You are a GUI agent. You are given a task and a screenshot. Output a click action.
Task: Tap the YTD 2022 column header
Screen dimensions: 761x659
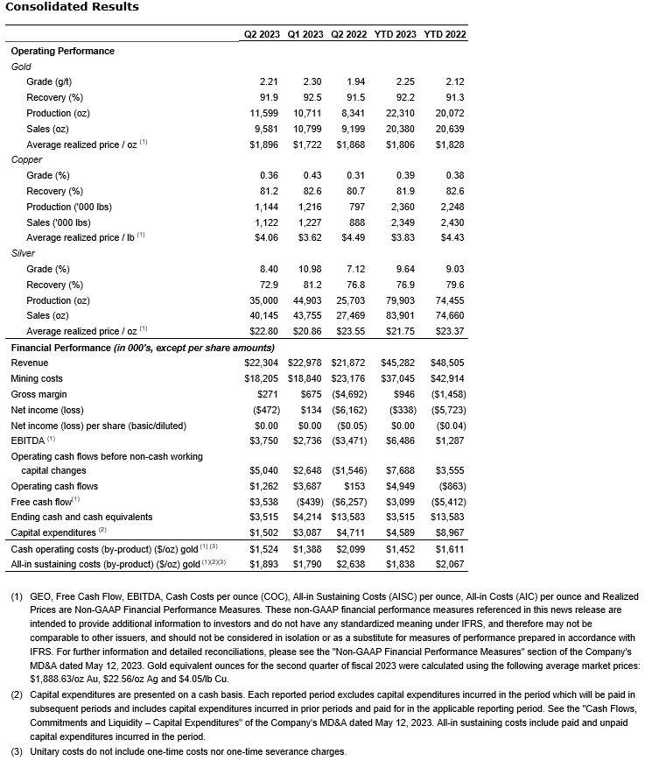point(445,35)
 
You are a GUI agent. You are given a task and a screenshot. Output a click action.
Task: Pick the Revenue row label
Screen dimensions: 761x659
point(30,363)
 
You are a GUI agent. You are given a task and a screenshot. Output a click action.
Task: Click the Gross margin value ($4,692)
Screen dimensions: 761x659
point(353,394)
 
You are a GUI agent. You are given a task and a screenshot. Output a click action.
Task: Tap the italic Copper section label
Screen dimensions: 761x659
point(26,159)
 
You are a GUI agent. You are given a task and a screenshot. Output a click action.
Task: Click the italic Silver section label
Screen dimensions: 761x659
point(25,253)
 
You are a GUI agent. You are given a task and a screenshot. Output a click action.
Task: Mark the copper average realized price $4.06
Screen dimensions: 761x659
point(265,237)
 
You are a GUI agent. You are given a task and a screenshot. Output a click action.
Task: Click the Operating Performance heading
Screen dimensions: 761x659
point(62,51)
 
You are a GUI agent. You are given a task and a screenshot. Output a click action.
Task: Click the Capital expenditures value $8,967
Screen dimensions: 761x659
point(448,532)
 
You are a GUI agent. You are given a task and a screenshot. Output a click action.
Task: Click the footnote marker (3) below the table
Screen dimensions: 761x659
point(17,751)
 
